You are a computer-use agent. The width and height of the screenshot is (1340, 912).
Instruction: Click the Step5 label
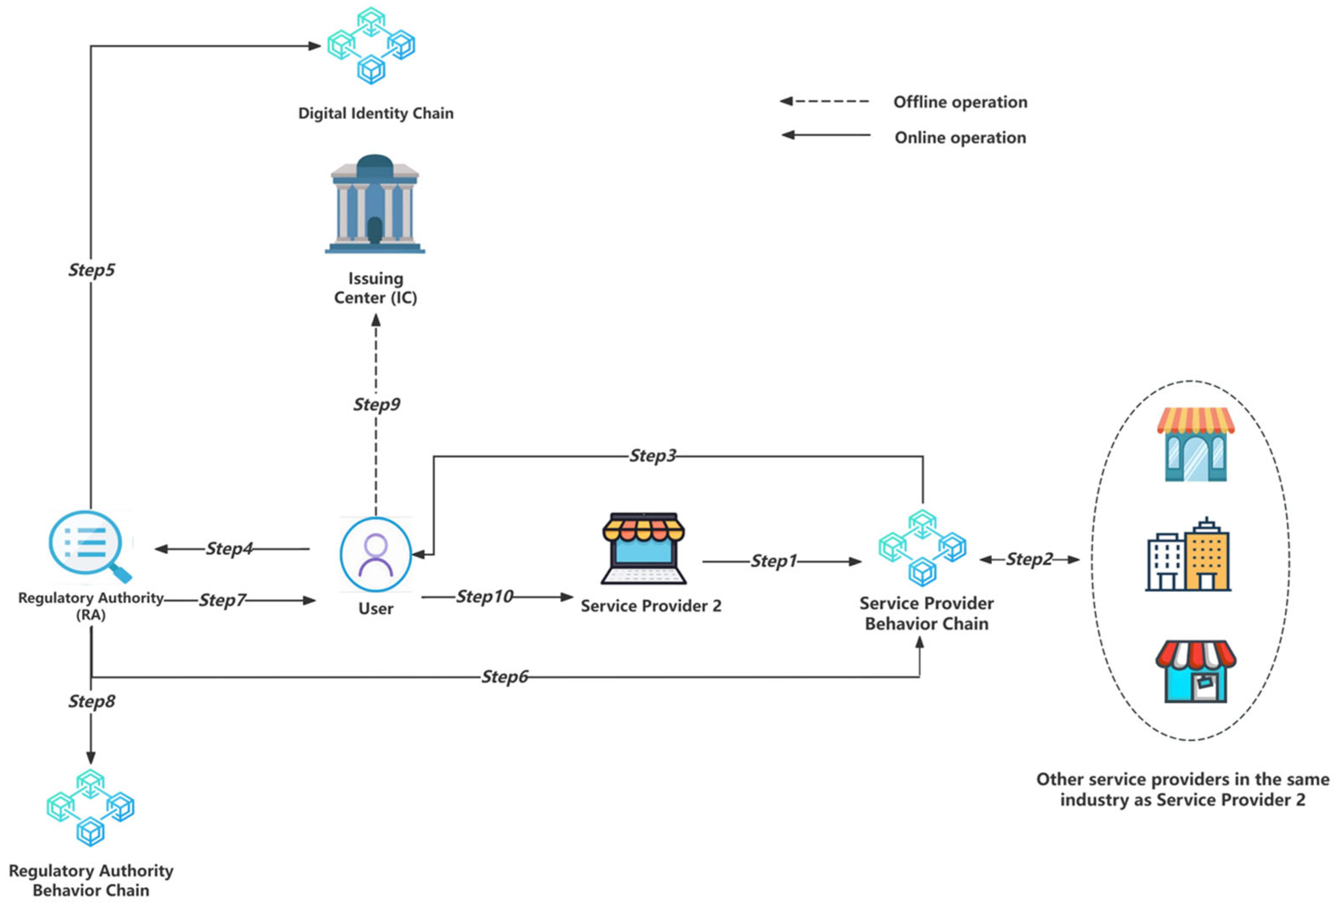tap(92, 270)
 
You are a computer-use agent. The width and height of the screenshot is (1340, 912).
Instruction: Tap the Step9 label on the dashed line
tap(377, 405)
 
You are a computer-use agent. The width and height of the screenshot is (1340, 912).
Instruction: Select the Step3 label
tap(652, 456)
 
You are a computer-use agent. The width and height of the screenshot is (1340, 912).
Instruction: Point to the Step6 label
tap(505, 677)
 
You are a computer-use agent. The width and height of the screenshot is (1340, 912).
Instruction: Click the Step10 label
tap(485, 597)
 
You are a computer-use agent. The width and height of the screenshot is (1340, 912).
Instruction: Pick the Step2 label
tap(1029, 559)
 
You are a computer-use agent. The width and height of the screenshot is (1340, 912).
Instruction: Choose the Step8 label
tap(92, 702)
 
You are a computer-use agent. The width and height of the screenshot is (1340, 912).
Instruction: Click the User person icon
tap(376, 554)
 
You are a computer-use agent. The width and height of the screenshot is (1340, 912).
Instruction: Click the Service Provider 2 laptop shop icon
tap(643, 548)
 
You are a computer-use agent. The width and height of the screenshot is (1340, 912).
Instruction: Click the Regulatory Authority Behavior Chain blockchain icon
tap(90, 807)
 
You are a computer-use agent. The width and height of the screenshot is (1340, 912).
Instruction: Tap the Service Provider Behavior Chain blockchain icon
tap(923, 548)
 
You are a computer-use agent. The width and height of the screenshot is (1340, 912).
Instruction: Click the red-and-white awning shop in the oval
tap(1195, 671)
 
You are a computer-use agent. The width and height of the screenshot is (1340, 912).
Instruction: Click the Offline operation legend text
tap(960, 102)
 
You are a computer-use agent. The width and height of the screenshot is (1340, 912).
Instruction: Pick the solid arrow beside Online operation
tap(826, 135)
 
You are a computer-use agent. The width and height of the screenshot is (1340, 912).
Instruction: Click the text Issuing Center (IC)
tap(375, 288)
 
